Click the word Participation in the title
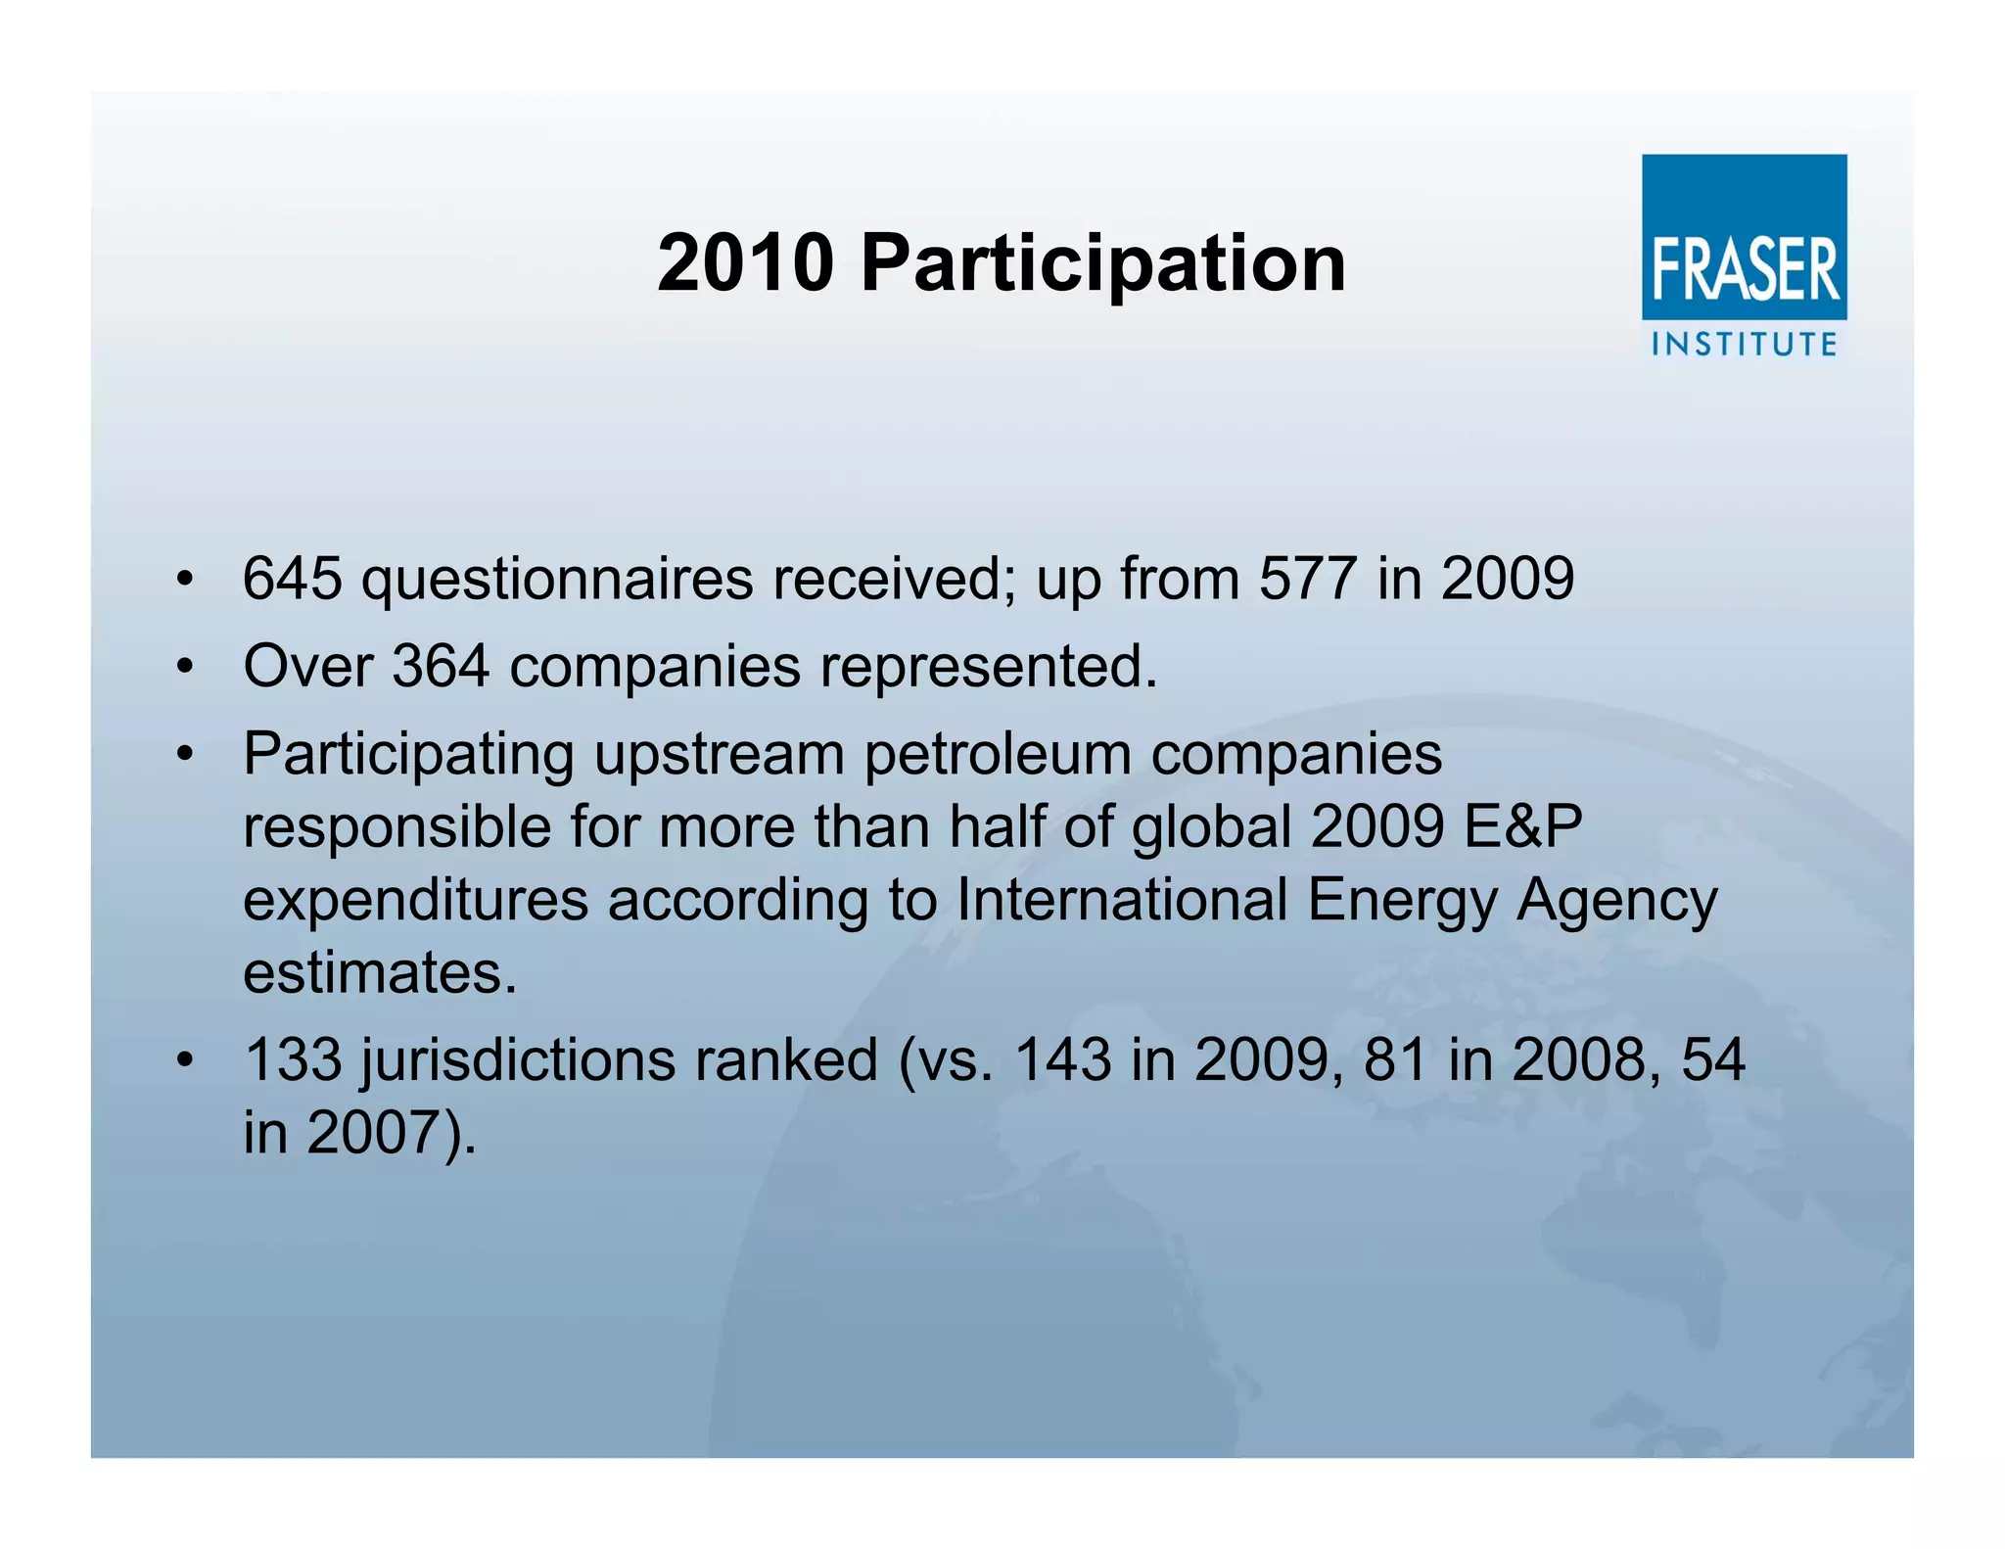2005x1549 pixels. [1102, 264]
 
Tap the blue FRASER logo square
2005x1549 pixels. [1744, 237]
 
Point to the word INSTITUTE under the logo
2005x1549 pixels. [1744, 345]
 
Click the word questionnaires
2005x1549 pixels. [557, 580]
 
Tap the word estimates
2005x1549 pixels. [380, 973]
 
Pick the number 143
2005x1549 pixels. [1062, 1059]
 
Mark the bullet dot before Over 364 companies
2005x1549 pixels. [184, 668]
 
